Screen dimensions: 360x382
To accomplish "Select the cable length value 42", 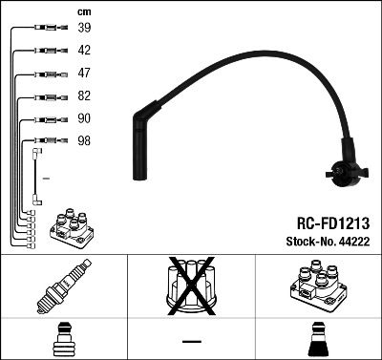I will [x=84, y=51].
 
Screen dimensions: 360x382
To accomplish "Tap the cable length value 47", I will [x=84, y=73].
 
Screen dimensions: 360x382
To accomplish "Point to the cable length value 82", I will [x=84, y=96].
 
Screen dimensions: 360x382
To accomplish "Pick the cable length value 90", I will [x=84, y=118].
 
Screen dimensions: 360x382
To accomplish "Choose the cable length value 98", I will [x=84, y=140].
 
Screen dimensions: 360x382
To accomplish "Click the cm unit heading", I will [x=83, y=11].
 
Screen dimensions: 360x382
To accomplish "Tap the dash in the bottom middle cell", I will [x=191, y=341].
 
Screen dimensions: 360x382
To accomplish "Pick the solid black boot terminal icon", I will [x=317, y=339].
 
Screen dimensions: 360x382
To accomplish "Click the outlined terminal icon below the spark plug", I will [x=63, y=339].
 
